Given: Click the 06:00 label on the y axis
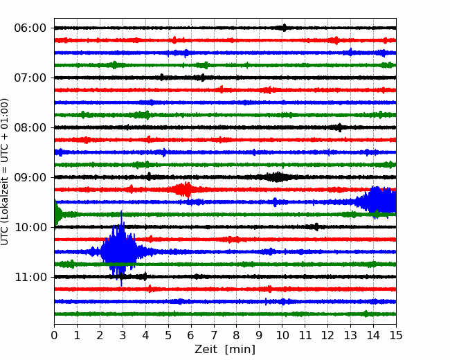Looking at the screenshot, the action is point(30,28).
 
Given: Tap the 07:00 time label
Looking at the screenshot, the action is point(30,78).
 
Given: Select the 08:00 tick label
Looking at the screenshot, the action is point(30,127).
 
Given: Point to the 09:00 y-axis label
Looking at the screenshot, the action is point(30,177).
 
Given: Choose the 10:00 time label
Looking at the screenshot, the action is point(30,227).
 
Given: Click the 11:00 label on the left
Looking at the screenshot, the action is point(30,277).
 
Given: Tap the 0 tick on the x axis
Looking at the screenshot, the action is point(54,335).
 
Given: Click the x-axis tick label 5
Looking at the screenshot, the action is point(168,335).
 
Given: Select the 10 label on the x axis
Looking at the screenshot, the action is point(282,335).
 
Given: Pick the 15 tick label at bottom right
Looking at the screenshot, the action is point(396,335).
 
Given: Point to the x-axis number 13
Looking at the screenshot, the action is point(350,335).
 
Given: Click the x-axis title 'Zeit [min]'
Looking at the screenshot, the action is point(225,350).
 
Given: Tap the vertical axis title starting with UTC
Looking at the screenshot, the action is point(5,172).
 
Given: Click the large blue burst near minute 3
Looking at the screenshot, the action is point(119,249).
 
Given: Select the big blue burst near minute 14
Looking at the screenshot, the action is point(376,202).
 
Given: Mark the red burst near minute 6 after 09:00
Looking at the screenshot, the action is point(183,190).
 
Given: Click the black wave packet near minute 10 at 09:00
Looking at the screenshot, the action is point(277,177).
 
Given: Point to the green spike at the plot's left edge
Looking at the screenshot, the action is point(58,214).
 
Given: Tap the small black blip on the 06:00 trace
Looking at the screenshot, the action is point(284,28).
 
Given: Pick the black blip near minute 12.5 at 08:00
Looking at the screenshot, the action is point(339,127).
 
